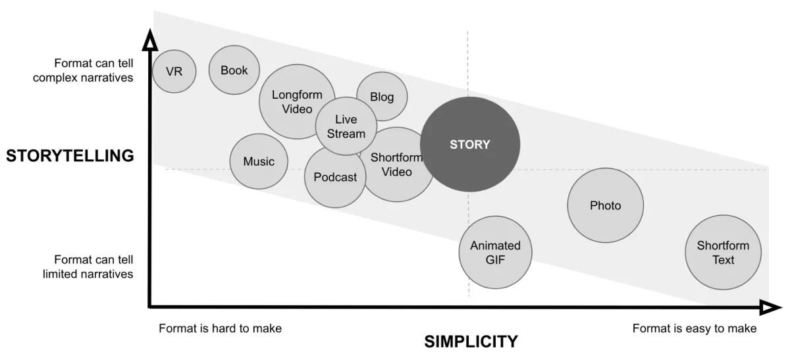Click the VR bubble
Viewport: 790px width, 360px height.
[174, 71]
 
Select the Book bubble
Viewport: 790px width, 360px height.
[234, 70]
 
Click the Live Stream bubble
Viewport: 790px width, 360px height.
[346, 126]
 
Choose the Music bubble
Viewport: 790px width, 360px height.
[259, 161]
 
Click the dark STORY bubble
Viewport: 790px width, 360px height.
[470, 145]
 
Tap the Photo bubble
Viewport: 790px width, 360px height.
[605, 205]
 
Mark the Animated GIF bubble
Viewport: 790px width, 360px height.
[495, 252]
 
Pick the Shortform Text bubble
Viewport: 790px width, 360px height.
[723, 253]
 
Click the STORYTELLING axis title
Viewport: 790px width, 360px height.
[70, 156]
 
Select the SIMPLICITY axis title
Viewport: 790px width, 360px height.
[471, 342]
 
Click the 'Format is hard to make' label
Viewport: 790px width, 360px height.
[220, 328]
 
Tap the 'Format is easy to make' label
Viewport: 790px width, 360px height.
[695, 328]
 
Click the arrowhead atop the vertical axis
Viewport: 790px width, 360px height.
[151, 43]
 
